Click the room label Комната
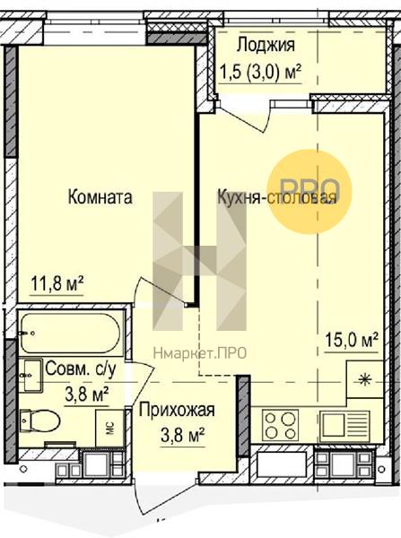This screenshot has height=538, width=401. tap(100, 197)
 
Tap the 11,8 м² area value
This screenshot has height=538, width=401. tap(57, 283)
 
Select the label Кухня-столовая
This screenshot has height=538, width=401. tap(276, 197)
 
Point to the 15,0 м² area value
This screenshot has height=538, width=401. tap(352, 340)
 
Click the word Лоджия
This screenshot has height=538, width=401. tap(266, 45)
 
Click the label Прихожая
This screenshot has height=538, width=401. tap(177, 410)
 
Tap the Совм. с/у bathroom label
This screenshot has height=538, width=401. tap(81, 369)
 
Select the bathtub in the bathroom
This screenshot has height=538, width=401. tap(70, 333)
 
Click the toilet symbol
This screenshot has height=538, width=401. tap(39, 421)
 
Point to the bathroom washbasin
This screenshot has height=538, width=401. tap(31, 375)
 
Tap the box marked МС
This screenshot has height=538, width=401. tap(109, 428)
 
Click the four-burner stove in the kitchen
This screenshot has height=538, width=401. tap(280, 425)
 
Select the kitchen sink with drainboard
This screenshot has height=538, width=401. tap(345, 425)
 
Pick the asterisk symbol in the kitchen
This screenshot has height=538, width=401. tap(364, 380)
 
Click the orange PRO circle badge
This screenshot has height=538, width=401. tap(309, 192)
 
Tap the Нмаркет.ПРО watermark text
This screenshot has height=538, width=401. tap(200, 352)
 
